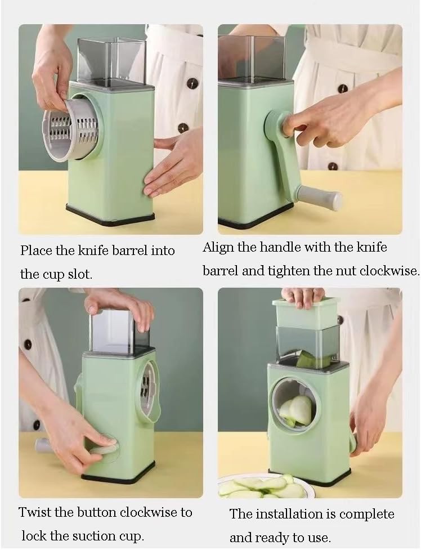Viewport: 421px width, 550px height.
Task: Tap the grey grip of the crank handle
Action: click(319, 197)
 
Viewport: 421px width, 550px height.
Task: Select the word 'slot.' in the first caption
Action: click(80, 274)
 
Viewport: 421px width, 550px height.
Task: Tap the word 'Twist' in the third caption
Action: click(34, 512)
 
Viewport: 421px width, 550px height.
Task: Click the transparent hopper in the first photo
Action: click(111, 62)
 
